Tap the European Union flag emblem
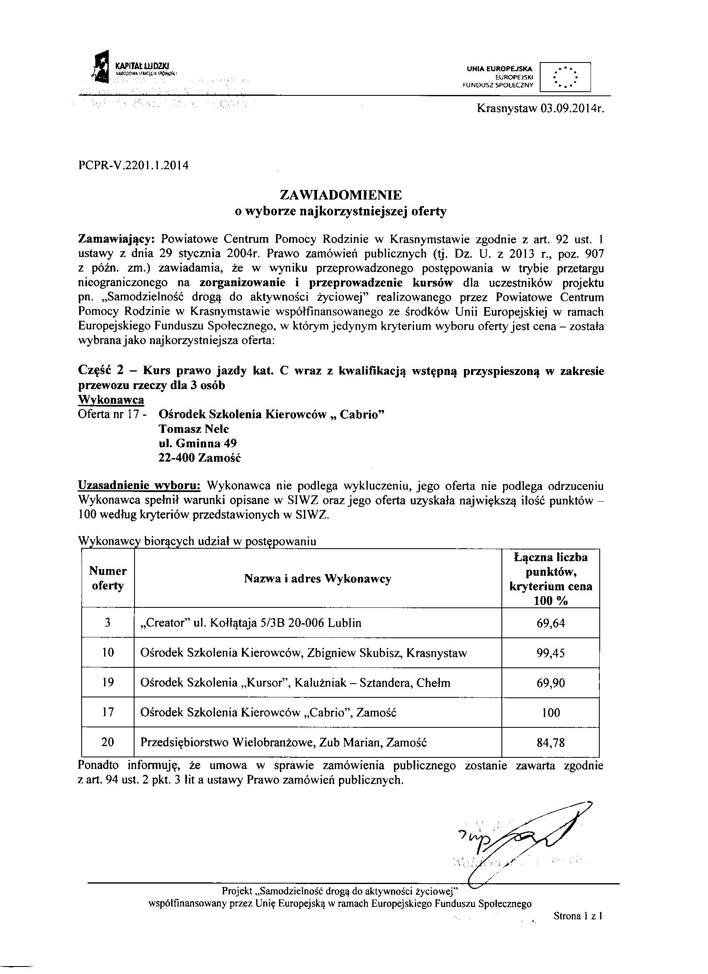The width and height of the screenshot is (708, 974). coord(565,77)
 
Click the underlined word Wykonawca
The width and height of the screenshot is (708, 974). coord(111,400)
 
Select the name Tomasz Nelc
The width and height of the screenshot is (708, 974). coord(194,429)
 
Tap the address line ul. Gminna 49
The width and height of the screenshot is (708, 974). coord(197,443)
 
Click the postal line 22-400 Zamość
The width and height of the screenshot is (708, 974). coord(199,458)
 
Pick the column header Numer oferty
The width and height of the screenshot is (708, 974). coord(108,579)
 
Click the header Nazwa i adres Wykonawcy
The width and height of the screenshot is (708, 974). coord(318,579)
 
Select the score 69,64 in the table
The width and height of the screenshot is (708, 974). coord(551,623)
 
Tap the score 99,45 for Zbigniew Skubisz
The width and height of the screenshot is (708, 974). coord(551,653)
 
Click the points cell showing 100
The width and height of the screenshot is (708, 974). coord(551,713)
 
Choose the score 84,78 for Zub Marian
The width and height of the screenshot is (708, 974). coord(551,742)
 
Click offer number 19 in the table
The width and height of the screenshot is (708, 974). coord(108,683)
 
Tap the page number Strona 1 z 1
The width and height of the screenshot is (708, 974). coord(578,916)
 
